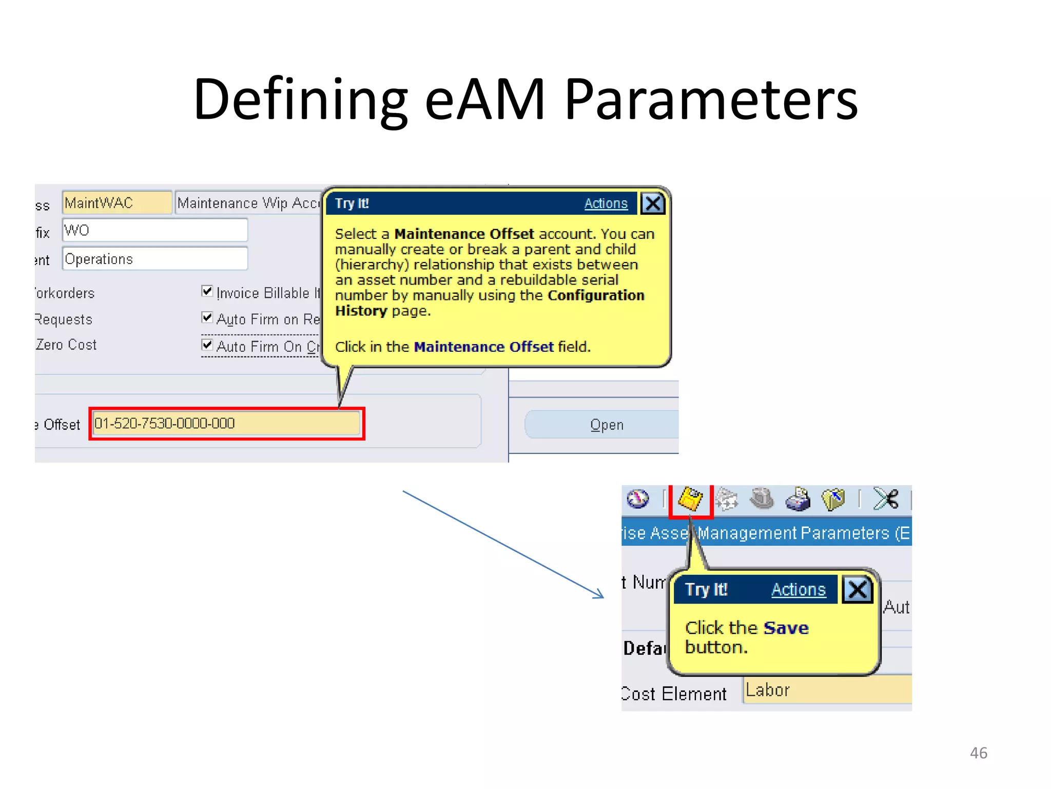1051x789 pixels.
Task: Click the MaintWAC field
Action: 116,203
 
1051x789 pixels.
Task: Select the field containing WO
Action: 154,230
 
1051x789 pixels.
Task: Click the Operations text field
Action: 154,259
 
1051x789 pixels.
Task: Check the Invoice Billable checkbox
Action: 207,291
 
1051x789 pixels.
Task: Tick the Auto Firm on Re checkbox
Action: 207,317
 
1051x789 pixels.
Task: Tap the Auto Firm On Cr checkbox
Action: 207,344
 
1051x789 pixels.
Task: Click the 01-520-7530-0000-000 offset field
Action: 226,424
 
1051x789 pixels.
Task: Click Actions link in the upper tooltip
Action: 606,203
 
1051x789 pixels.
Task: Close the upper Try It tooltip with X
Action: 653,203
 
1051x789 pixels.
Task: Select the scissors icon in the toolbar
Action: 886,499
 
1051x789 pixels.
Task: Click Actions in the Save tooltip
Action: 799,590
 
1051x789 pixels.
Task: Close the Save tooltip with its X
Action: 857,590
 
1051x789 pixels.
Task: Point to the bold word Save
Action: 786,628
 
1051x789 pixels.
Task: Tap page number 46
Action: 978,753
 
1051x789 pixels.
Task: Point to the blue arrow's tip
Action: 603,597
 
